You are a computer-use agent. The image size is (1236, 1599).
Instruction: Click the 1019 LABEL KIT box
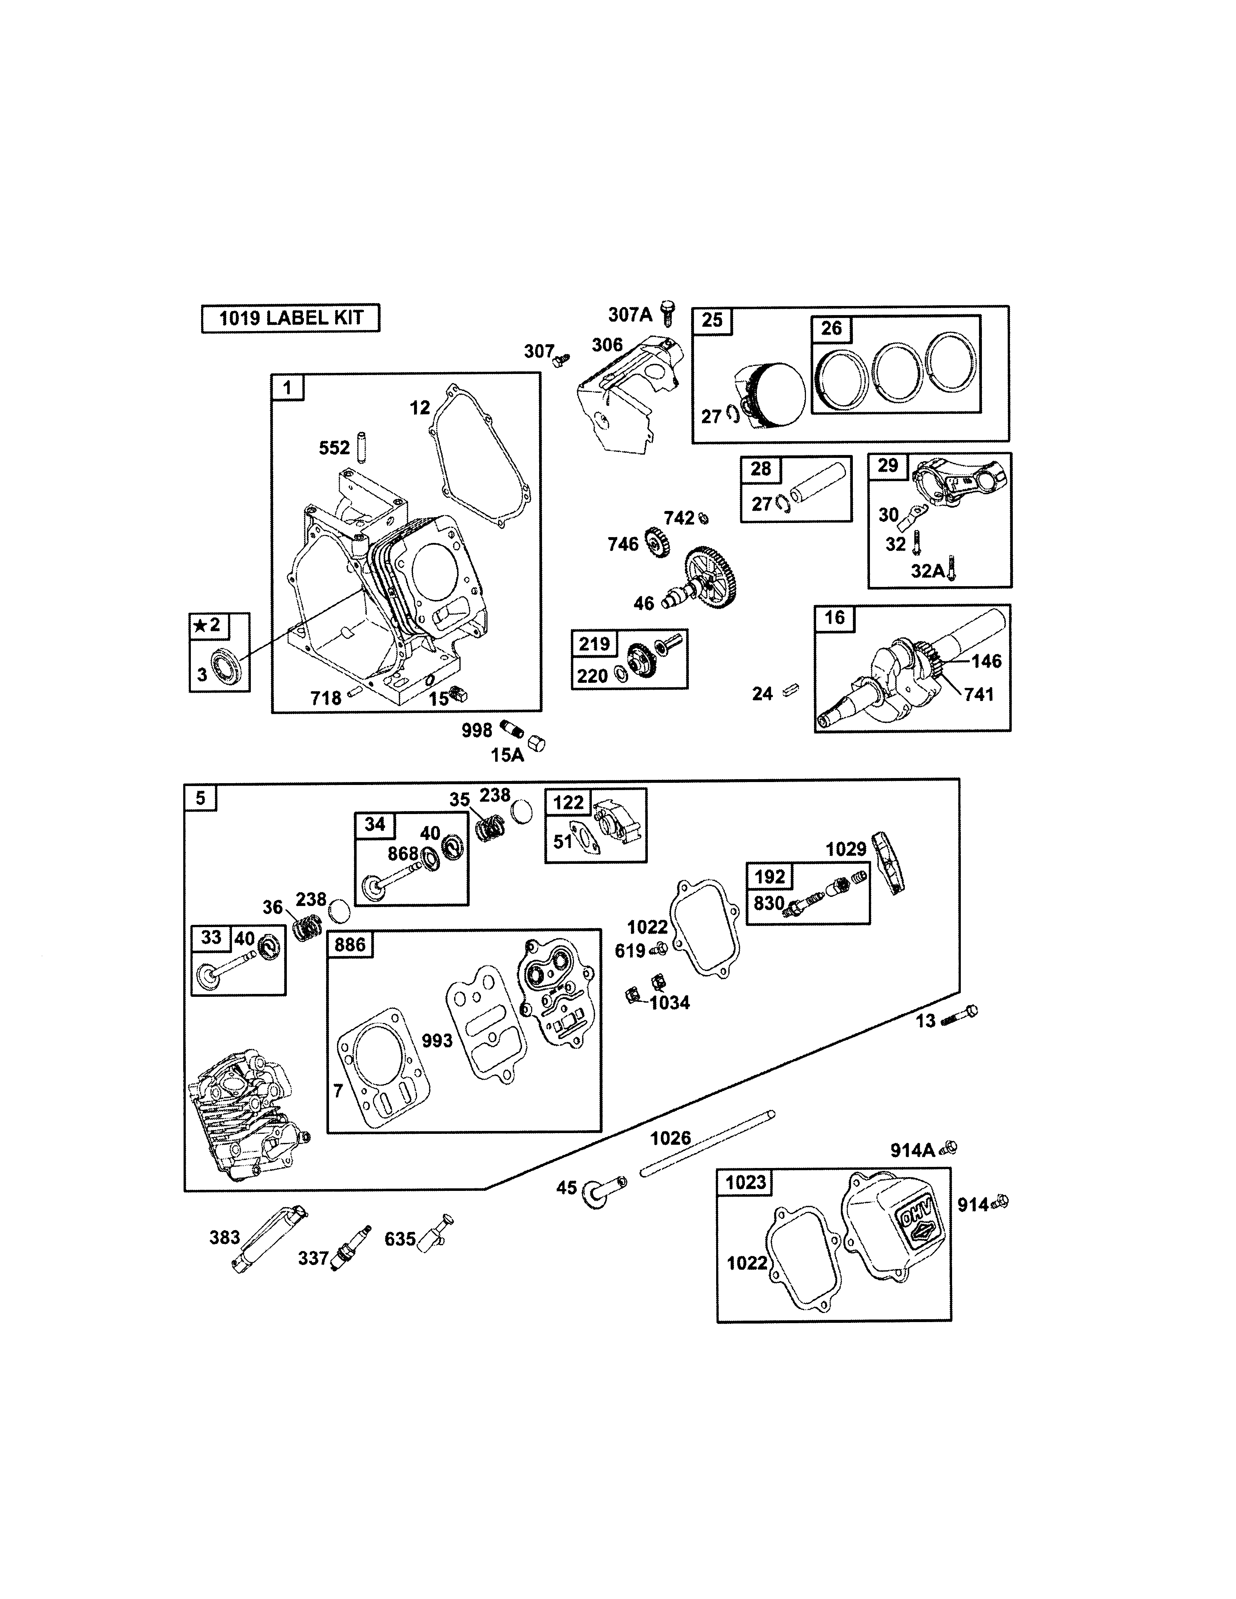point(291,318)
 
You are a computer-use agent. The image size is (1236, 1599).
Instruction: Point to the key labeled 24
point(791,689)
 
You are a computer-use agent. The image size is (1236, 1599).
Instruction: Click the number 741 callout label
point(979,694)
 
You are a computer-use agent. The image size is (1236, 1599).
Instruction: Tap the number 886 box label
point(350,945)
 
